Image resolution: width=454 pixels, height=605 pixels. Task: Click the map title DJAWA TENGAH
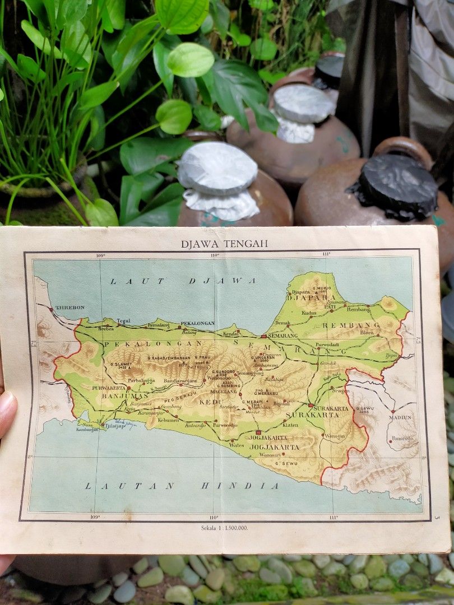tap(224, 244)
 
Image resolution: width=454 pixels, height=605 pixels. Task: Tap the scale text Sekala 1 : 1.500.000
tap(224, 527)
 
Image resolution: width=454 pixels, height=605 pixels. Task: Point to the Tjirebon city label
tap(70, 308)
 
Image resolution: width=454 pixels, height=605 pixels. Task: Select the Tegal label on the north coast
tap(123, 321)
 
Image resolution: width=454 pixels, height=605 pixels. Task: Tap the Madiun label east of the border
tap(400, 417)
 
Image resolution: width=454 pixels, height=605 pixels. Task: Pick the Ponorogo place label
tap(402, 439)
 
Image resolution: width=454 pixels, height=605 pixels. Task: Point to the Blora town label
tap(367, 332)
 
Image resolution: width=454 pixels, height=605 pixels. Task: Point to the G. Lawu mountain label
tap(365, 409)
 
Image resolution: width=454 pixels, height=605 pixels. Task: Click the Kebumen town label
tap(168, 420)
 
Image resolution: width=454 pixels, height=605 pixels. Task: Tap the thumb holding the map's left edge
tap(7, 413)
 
